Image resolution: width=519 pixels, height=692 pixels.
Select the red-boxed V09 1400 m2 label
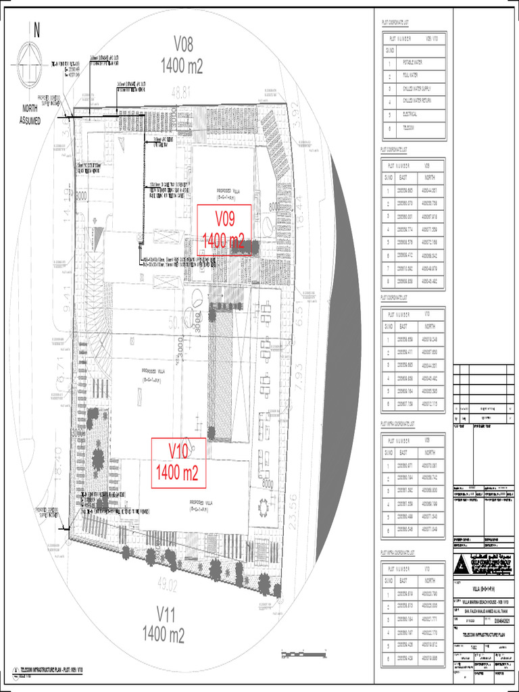click(224, 230)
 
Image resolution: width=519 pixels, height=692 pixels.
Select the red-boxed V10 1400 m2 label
click(178, 462)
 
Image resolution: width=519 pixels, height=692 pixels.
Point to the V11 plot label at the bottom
click(163, 624)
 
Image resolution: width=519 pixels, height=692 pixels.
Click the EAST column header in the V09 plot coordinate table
click(404, 178)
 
